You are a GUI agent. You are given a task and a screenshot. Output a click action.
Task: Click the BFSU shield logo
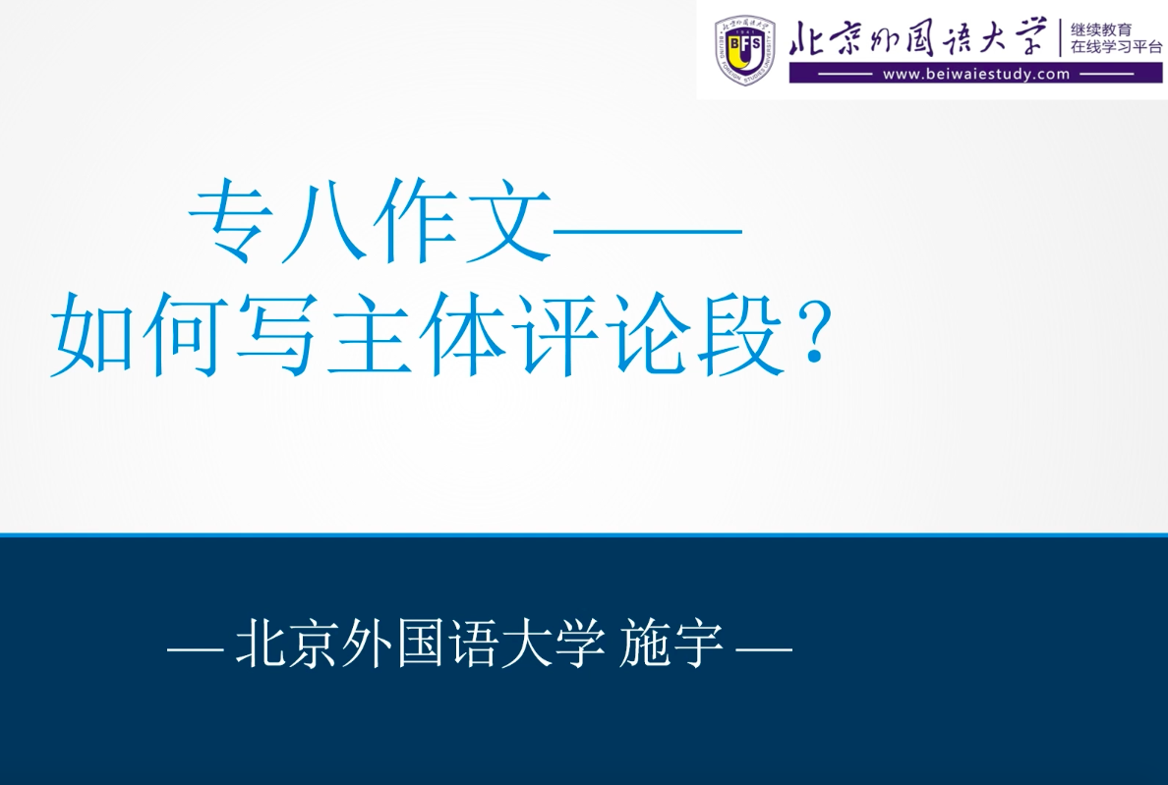pos(745,50)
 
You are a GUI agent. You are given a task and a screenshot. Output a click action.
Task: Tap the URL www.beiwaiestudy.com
pos(976,74)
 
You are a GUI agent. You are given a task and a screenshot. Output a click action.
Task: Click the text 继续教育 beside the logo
pos(1101,29)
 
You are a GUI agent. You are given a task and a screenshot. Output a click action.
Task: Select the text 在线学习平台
pos(1116,47)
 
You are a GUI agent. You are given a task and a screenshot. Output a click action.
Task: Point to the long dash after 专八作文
pos(647,230)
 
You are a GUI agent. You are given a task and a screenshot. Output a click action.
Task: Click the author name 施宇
pos(672,644)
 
